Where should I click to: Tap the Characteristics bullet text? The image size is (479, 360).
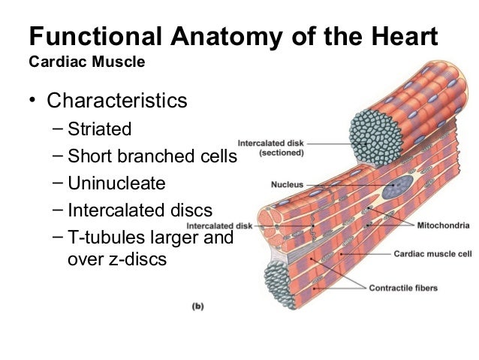pos(116,101)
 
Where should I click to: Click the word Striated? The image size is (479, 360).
pos(99,129)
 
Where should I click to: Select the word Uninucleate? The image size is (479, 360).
pos(116,183)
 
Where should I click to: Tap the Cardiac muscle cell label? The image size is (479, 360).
pos(432,254)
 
